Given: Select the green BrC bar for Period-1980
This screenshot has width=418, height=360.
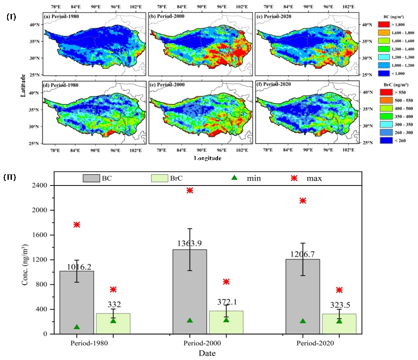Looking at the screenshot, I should pos(113,323).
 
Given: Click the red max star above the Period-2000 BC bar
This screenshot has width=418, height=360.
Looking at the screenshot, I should pos(190,190).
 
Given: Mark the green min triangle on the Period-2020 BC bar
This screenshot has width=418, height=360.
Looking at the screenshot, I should pos(303,321).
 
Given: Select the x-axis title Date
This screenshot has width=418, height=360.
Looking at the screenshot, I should pos(207,353).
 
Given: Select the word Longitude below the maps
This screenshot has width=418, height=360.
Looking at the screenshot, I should pos(207,158).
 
